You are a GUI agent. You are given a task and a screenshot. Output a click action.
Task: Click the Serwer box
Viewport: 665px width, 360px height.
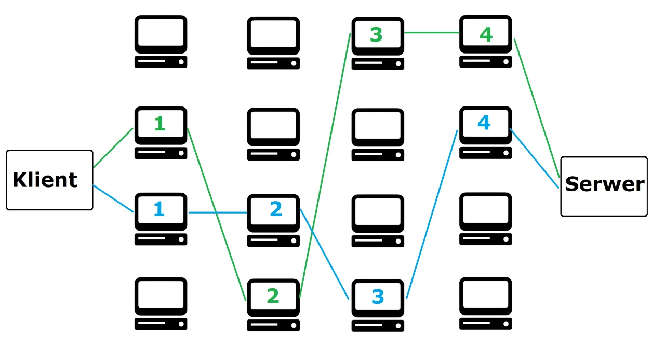click(x=604, y=185)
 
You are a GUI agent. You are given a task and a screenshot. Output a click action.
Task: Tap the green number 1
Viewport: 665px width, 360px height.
click(x=159, y=124)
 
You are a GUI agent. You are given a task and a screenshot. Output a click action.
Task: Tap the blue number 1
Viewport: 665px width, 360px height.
click(x=159, y=209)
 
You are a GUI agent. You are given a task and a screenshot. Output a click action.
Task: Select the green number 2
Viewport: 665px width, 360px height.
click(x=273, y=296)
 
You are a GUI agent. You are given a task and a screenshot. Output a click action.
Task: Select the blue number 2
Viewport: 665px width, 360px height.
click(x=276, y=209)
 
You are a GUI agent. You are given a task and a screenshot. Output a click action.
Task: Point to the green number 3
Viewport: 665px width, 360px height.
click(x=376, y=35)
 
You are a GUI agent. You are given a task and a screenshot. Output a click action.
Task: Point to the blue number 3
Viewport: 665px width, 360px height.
click(x=378, y=297)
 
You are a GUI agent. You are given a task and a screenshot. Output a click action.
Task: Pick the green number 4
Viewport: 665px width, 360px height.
click(x=486, y=35)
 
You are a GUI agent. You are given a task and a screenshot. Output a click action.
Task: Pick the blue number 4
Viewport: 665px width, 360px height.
click(x=484, y=123)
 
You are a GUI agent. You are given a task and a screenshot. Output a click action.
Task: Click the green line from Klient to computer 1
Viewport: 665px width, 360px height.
click(x=113, y=148)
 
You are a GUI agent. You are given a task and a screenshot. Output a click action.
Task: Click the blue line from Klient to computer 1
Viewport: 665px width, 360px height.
click(x=113, y=198)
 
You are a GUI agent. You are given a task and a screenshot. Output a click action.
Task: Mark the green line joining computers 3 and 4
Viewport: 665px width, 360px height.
click(x=432, y=32)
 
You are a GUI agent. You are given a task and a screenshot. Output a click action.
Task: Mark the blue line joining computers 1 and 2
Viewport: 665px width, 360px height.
click(x=217, y=212)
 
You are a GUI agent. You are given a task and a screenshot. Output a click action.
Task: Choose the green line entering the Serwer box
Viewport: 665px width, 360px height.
click(x=537, y=108)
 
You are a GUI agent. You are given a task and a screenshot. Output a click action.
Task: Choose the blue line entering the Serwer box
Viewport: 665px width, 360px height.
click(x=535, y=158)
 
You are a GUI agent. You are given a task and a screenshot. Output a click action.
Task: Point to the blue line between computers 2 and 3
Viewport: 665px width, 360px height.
click(x=325, y=254)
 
